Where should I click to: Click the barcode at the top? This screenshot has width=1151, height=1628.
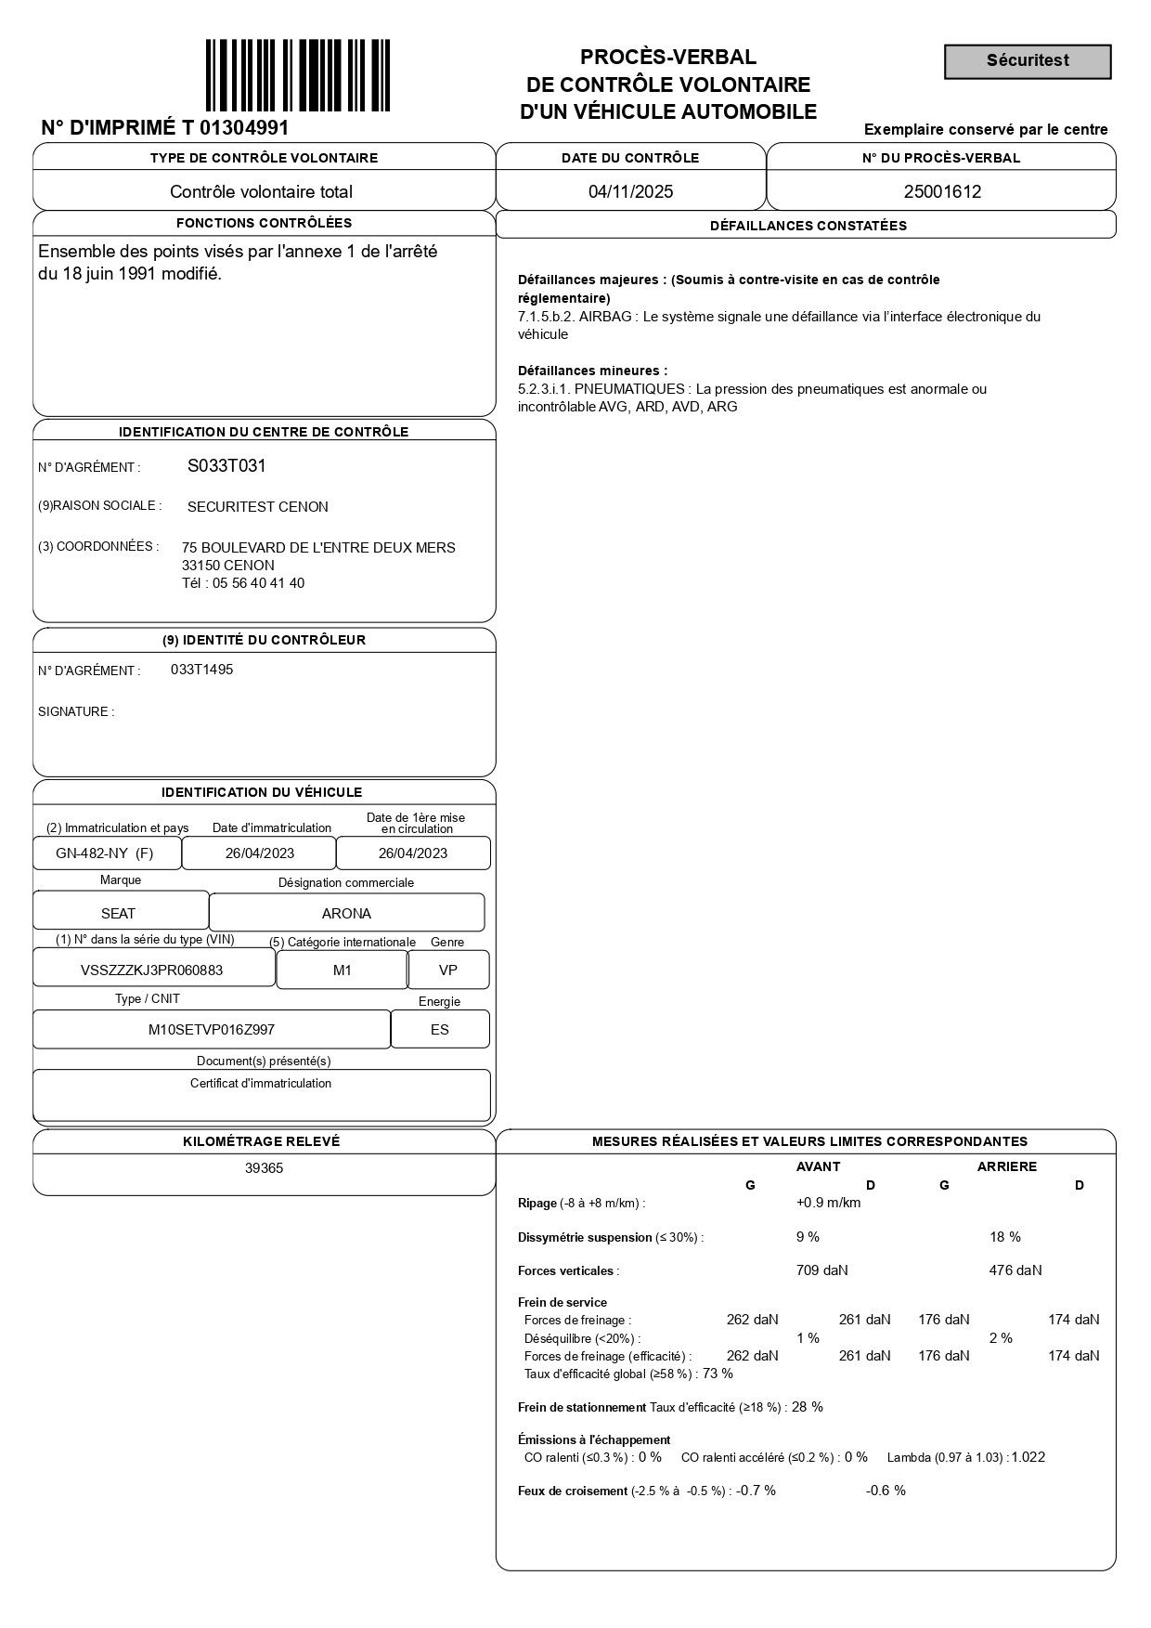tap(297, 75)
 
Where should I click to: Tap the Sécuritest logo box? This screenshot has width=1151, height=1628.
tap(1028, 61)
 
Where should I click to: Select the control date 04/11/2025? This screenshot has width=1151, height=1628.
tap(630, 192)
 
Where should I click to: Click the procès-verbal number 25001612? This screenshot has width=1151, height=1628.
tap(942, 192)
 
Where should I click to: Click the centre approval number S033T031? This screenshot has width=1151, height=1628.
tap(226, 466)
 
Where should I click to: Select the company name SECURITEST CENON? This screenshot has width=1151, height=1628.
tap(257, 507)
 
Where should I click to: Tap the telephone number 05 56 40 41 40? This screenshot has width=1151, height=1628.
tap(258, 583)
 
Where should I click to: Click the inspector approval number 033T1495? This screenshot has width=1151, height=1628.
tap(201, 670)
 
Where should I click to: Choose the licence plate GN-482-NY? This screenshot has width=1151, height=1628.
tap(92, 853)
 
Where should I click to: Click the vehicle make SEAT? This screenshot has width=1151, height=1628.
tap(118, 914)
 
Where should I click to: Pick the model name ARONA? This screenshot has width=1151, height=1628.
tap(346, 914)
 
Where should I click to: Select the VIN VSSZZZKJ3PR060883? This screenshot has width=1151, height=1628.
tap(151, 970)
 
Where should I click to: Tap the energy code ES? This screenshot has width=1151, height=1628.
tap(439, 1030)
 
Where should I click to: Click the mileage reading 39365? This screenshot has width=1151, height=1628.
tap(264, 1168)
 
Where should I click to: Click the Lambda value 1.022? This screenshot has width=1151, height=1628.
tap(1028, 1457)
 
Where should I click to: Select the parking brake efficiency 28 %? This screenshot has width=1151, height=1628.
tap(807, 1407)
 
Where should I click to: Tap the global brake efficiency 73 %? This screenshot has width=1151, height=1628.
tap(718, 1374)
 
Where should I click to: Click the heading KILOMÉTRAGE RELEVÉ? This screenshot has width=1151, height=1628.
tap(262, 1141)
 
